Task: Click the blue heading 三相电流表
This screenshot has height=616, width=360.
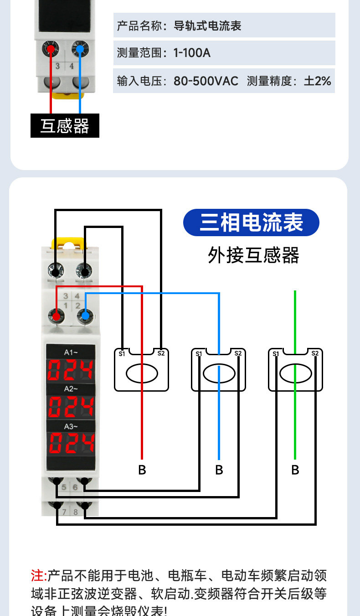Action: click(x=251, y=223)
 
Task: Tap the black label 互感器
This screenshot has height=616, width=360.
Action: click(x=65, y=126)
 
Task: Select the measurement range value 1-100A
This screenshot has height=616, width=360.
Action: click(x=191, y=53)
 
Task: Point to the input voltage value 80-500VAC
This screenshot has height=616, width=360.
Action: click(x=206, y=81)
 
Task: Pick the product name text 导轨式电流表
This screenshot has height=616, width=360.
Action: click(x=207, y=26)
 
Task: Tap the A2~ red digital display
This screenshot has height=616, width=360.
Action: click(x=71, y=406)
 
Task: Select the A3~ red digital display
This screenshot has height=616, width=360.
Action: click(x=71, y=443)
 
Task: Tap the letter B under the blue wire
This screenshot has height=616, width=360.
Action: click(x=219, y=470)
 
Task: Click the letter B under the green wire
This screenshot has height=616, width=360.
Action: click(x=295, y=470)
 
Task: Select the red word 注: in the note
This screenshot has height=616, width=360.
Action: click(x=39, y=575)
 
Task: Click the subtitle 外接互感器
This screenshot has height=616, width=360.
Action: click(x=253, y=255)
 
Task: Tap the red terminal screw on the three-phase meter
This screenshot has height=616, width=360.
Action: click(x=56, y=316)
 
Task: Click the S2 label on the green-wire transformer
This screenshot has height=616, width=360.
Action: click(x=315, y=353)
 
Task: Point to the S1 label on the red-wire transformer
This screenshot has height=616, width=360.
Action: click(x=122, y=353)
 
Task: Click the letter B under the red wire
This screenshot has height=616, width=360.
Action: click(x=142, y=470)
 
